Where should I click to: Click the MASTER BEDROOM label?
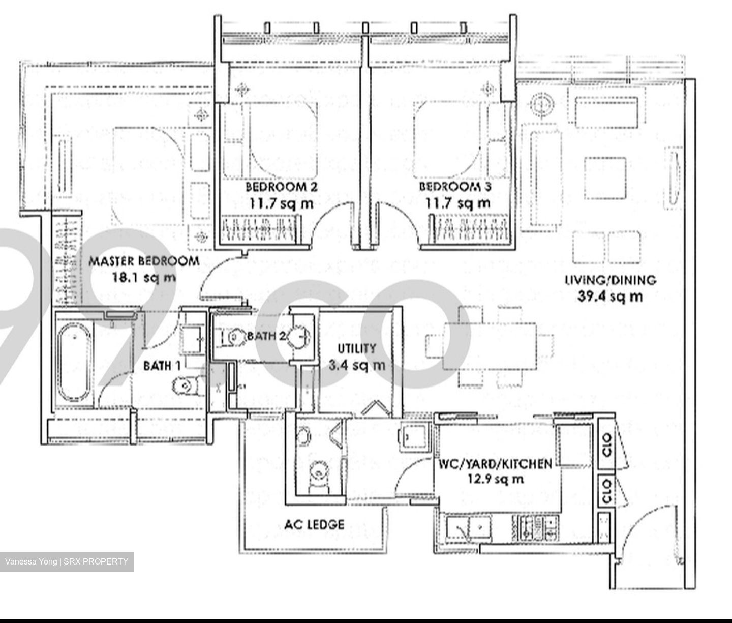coord(144,261)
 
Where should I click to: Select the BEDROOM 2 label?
coord(281,187)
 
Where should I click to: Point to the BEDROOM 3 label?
coord(455,187)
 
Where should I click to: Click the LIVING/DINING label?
coord(611,280)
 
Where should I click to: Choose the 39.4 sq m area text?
coord(610,296)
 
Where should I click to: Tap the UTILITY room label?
coord(357,349)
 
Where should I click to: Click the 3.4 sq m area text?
coord(357,365)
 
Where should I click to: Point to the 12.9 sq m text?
coord(495,479)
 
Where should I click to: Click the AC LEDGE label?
coord(314,524)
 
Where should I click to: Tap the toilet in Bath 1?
coord(185,386)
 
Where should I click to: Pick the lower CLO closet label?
coord(606,491)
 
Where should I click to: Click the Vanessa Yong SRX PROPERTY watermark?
coord(67,562)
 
